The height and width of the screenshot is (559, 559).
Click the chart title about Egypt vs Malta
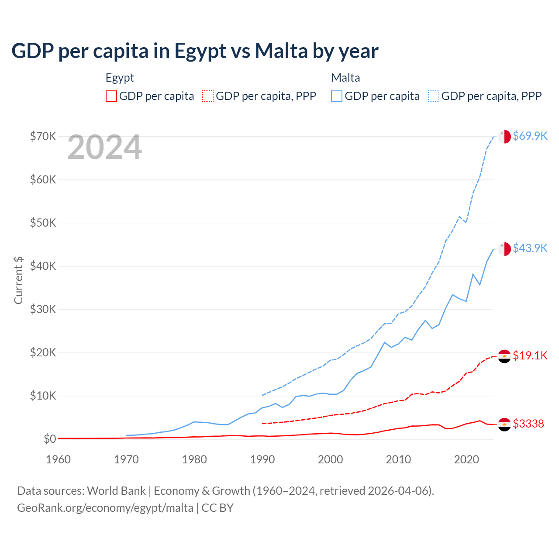pos(195,51)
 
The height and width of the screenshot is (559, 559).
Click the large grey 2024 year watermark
pos(105,148)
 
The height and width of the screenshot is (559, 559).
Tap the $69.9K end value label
pos(530,136)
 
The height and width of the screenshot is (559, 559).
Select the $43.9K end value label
pos(530,248)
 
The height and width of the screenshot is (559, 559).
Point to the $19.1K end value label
pos(530,355)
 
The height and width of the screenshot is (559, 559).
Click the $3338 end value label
pos(528,424)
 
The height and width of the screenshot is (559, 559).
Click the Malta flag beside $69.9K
pos(504,136)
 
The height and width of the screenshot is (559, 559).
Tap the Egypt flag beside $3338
pos(504,424)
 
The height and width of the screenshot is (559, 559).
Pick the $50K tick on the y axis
pos(43,223)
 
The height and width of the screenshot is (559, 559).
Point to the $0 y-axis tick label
pos(50,439)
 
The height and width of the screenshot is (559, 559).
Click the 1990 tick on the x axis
pos(262,459)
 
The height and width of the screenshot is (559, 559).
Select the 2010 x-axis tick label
pos(398,459)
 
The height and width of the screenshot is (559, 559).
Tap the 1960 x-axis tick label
pos(59,459)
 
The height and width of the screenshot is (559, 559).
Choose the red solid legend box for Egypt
pos(111,96)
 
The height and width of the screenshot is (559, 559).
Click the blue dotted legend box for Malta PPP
pos(434,96)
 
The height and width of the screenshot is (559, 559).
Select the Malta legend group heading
pos(345,78)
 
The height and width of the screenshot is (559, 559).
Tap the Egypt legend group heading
pos(120,78)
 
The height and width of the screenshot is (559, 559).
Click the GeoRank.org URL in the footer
pos(105,508)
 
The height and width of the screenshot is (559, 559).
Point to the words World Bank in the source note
pos(117,491)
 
